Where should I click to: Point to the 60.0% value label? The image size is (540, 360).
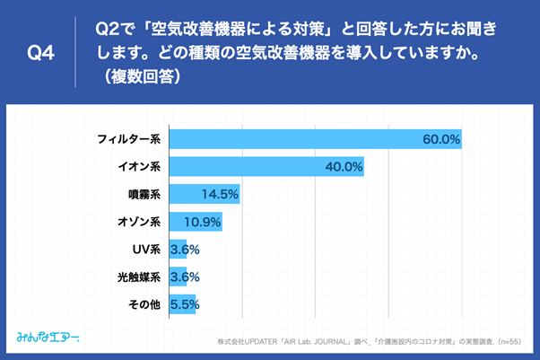[x=441, y=139]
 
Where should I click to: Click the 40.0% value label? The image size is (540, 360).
[x=344, y=167]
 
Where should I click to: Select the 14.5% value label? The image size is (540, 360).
[x=220, y=194]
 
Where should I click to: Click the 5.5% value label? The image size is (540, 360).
[x=184, y=304]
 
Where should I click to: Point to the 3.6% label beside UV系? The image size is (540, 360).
[x=184, y=250]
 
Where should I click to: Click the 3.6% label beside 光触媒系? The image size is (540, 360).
[x=184, y=277]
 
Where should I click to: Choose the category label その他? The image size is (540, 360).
[x=144, y=304]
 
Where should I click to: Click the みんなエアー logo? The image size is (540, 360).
[x=48, y=338]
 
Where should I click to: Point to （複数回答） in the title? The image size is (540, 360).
[x=144, y=76]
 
